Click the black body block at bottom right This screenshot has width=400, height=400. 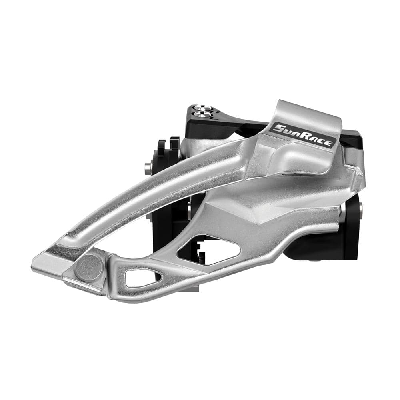[332, 244]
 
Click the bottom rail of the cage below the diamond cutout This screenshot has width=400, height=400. [224, 272]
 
